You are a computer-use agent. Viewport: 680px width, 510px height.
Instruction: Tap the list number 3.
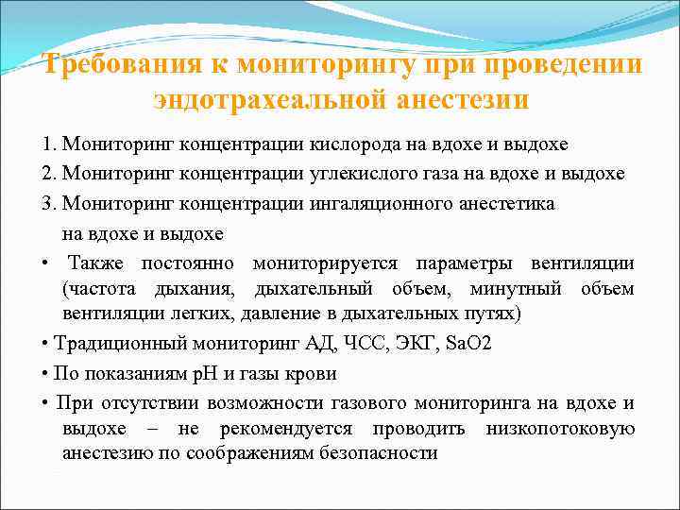[46, 204]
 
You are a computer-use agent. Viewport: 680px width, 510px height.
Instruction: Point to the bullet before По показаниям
[44, 373]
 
